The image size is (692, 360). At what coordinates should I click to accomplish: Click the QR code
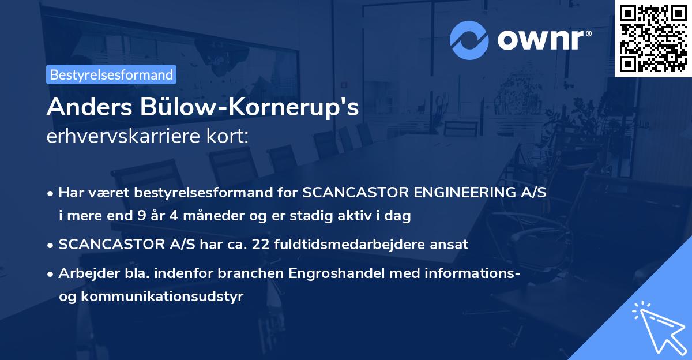[x=653, y=38]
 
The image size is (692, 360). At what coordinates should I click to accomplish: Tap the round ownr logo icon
[x=469, y=40]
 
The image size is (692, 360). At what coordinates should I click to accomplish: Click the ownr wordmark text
[x=543, y=40]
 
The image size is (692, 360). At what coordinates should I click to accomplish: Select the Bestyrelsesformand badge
[x=111, y=74]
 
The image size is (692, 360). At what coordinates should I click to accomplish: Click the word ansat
[x=452, y=245]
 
